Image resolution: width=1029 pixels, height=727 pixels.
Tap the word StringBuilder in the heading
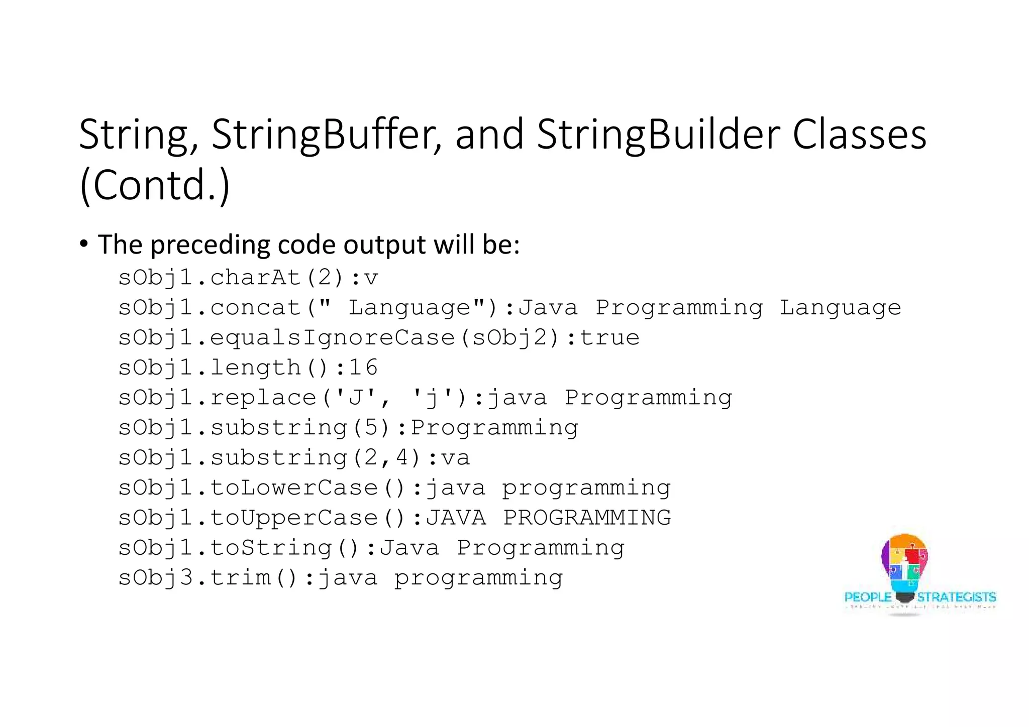tap(658, 135)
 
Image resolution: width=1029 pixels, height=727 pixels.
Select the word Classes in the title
tap(859, 135)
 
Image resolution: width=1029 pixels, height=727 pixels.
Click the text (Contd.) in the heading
tap(155, 185)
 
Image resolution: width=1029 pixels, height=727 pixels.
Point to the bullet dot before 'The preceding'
tap(84, 244)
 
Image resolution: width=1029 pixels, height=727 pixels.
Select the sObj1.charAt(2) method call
tap(231, 278)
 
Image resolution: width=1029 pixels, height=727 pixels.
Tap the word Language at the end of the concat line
tap(840, 308)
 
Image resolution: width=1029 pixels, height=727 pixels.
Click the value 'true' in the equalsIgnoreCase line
tap(609, 337)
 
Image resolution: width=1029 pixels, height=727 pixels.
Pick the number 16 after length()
tap(363, 368)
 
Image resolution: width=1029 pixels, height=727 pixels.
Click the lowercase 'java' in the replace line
tap(517, 398)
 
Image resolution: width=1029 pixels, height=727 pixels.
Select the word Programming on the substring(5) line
tap(494, 428)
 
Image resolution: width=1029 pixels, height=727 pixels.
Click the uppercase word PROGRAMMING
tap(587, 518)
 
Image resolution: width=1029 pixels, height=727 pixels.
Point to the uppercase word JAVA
tap(456, 518)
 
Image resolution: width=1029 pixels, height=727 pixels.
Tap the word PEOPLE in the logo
tap(868, 597)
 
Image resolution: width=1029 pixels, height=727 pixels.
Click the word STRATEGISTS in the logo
tap(956, 597)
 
